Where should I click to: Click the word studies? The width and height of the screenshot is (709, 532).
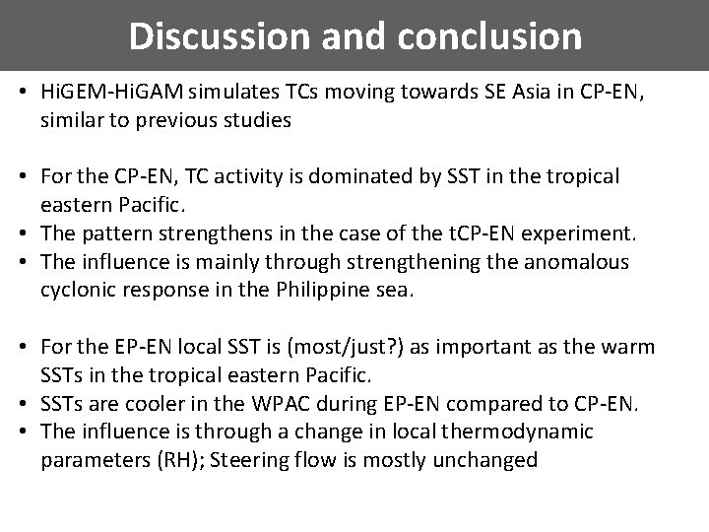tap(261, 120)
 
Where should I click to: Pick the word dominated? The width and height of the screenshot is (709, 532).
tap(374, 176)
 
